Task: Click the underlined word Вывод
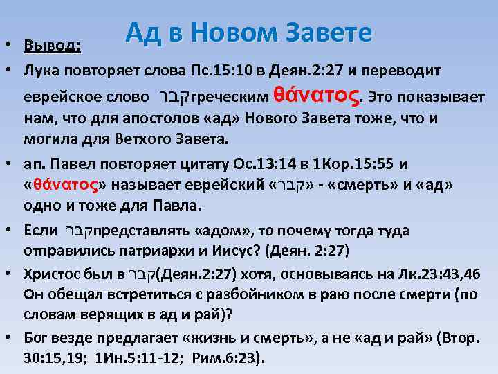point(52,46)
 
